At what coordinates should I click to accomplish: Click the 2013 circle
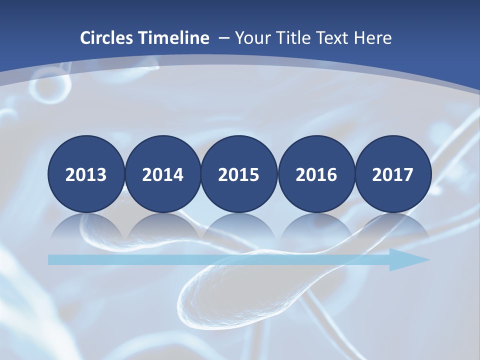point(86,174)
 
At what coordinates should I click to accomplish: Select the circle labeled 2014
point(163,174)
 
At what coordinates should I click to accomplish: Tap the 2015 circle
point(239,174)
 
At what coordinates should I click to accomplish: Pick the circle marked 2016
point(316,174)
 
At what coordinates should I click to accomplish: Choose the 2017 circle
point(393,174)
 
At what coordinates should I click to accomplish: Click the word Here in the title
point(372,38)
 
